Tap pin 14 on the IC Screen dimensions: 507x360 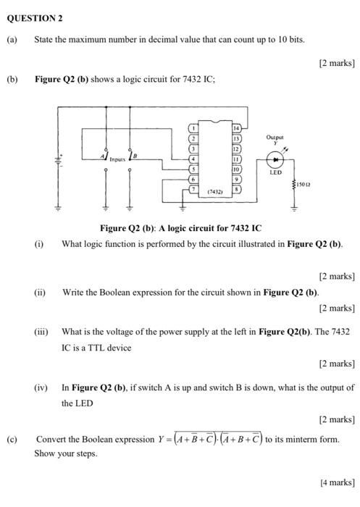(x=236, y=128)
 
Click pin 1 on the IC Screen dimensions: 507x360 (x=193, y=128)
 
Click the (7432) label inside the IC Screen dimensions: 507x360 (x=215, y=192)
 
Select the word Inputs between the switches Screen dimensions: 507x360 (x=119, y=158)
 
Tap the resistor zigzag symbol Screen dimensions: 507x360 (x=295, y=184)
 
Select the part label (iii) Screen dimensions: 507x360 (x=41, y=331)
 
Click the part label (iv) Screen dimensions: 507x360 (x=41, y=387)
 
